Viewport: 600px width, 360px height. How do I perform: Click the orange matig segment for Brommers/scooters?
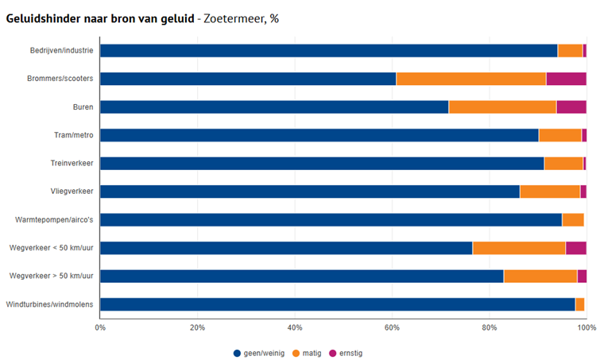471,79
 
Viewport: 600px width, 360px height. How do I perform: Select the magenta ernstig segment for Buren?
571,107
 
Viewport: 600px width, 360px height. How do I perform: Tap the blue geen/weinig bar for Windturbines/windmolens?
337,304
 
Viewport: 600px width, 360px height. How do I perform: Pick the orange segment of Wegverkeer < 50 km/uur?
519,248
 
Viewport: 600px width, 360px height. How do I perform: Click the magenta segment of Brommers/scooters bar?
566,79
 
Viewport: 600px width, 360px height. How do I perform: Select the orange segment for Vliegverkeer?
550,192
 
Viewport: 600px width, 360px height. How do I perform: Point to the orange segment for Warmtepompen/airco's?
573,220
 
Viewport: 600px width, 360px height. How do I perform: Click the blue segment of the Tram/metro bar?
319,135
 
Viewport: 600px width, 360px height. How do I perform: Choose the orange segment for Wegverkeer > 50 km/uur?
540,277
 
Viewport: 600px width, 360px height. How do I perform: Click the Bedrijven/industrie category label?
60,51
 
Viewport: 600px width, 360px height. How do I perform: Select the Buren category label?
83,107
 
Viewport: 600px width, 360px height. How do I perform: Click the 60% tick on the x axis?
392,327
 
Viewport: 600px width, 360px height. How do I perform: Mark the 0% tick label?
100,327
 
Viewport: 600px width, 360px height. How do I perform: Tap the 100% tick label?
586,327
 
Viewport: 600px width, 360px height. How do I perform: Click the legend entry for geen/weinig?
258,353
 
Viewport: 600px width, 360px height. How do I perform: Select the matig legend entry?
308,353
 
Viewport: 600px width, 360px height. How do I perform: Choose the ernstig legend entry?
346,353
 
